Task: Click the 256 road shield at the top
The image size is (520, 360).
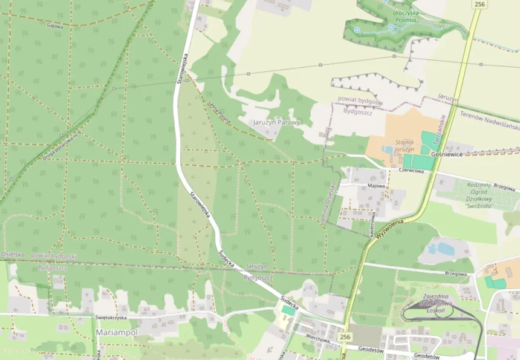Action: (479, 4)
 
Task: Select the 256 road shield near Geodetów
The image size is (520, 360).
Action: (345, 336)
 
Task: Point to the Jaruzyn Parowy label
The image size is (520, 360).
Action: (276, 122)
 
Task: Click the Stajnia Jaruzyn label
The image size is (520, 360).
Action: (404, 145)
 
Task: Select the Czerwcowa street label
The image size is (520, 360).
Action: (411, 171)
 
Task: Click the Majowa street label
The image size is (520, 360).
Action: (376, 186)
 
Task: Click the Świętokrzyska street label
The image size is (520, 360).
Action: (111, 317)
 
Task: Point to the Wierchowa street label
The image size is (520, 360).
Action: (317, 340)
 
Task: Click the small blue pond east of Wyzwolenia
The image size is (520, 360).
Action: (445, 248)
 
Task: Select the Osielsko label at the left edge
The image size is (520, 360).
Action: (12, 255)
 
